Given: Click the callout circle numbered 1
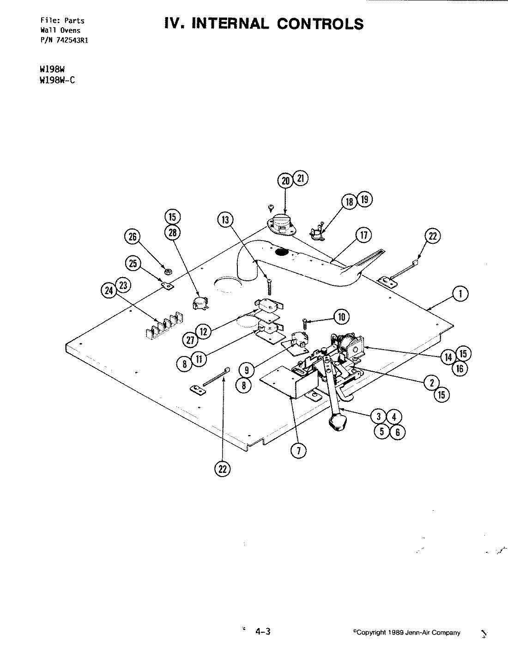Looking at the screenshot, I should pyautogui.click(x=460, y=294).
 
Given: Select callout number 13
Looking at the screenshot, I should pyautogui.click(x=225, y=220).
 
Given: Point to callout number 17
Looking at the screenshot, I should pyautogui.click(x=363, y=236).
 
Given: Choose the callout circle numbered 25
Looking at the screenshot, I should pyautogui.click(x=133, y=264).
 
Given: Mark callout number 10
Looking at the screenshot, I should pyautogui.click(x=342, y=317).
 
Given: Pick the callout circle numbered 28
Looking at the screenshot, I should pyautogui.click(x=173, y=233).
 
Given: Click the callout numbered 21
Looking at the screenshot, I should pyautogui.click(x=301, y=179).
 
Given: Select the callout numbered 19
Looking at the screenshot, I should pyautogui.click(x=365, y=199).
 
